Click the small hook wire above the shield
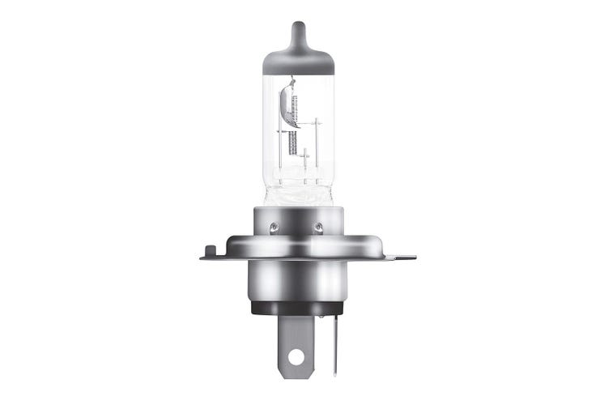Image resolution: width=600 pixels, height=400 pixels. pos(291,81)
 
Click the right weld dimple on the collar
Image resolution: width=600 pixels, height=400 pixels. pos(318,228)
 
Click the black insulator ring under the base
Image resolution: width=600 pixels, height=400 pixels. pos(299,308)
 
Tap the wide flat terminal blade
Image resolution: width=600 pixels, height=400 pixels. pos(297,340)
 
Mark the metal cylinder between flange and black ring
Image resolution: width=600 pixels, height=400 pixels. pos(299,279)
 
